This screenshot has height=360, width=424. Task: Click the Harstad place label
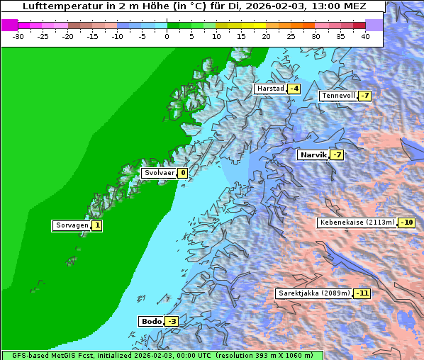tap(269, 89)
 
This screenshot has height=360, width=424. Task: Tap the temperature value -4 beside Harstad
tap(294, 89)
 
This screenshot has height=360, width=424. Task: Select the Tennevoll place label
tap(337, 96)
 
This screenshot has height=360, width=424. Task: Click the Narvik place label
tap(313, 155)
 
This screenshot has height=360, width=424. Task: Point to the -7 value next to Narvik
tap(337, 155)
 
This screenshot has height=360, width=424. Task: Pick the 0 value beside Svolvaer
tap(182, 173)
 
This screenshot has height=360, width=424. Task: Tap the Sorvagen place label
tap(71, 226)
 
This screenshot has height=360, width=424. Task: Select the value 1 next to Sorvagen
tap(97, 226)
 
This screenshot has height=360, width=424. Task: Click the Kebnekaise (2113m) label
tap(357, 223)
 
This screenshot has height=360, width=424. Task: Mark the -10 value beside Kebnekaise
tap(406, 223)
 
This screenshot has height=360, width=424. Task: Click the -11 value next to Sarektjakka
tap(362, 293)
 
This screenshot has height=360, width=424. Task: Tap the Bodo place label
tap(151, 322)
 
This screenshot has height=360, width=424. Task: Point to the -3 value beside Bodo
tap(172, 322)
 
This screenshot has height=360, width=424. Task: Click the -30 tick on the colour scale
tap(18, 36)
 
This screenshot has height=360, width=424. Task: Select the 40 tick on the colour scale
tap(365, 36)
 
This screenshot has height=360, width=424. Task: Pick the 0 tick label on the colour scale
tap(167, 36)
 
